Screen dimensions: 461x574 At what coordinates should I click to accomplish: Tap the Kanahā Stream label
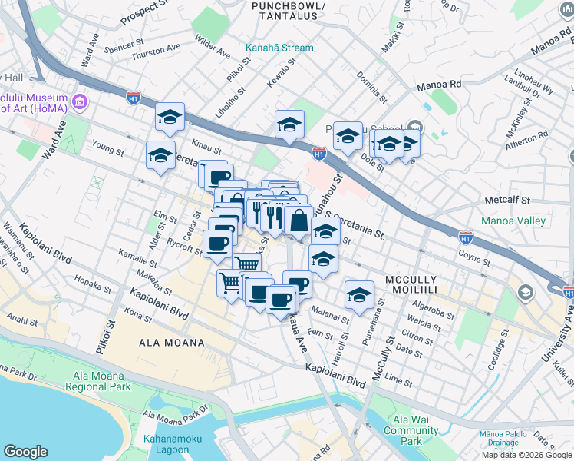click(279, 48)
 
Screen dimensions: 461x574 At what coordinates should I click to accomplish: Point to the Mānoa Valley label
click(513, 221)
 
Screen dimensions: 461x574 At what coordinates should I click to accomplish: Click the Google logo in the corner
click(26, 452)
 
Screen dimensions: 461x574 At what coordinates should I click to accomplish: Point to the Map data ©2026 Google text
click(527, 455)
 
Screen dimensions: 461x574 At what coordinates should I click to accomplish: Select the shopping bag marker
click(298, 221)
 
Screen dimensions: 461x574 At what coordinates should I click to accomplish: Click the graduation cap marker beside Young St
click(160, 155)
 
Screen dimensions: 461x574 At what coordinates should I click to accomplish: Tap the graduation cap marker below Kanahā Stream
click(289, 124)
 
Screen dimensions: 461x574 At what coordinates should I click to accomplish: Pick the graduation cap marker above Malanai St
click(358, 294)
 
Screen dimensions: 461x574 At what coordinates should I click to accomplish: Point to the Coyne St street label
click(474, 254)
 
